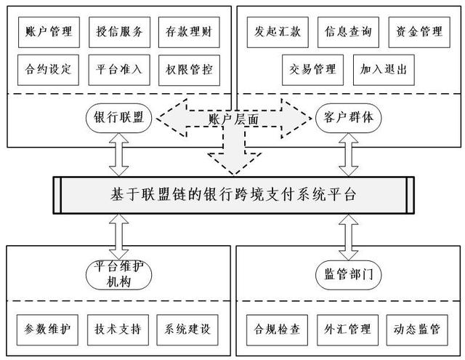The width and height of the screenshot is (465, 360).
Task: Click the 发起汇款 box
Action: [x=273, y=31]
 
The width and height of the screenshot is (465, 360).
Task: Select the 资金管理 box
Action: [x=415, y=31]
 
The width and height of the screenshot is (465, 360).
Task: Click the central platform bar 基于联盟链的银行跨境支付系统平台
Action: [x=232, y=196]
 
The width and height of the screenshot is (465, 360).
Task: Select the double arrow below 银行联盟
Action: [x=118, y=154]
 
